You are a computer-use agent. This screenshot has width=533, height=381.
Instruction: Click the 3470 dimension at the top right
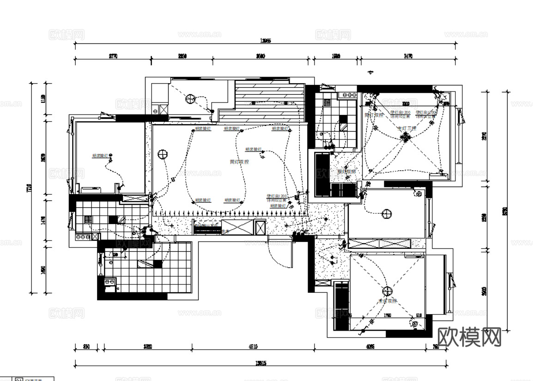click(x=407, y=56)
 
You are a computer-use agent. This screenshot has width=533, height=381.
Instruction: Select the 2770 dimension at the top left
click(x=113, y=56)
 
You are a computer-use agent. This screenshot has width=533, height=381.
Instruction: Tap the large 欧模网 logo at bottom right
click(x=469, y=337)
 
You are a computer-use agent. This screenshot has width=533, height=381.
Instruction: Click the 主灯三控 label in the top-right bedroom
click(x=407, y=128)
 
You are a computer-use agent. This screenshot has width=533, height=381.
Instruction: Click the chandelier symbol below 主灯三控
click(x=406, y=137)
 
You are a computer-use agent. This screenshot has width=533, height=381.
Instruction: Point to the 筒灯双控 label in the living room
click(x=239, y=162)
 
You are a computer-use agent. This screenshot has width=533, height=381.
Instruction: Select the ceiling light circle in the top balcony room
click(x=190, y=98)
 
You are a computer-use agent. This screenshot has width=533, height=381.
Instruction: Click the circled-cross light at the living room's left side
click(x=162, y=154)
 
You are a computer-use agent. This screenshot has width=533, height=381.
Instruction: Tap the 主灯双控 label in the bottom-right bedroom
click(x=387, y=301)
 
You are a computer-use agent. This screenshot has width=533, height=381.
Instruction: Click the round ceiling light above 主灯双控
click(x=387, y=291)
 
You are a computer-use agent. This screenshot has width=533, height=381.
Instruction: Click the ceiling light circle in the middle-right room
click(x=387, y=214)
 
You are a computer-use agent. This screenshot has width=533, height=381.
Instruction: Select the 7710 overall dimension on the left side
click(x=29, y=188)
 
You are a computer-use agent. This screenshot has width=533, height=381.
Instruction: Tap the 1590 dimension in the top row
click(x=336, y=56)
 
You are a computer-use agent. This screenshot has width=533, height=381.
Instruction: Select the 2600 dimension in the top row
click(x=260, y=56)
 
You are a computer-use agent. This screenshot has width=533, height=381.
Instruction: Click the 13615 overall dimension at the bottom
click(x=260, y=363)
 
